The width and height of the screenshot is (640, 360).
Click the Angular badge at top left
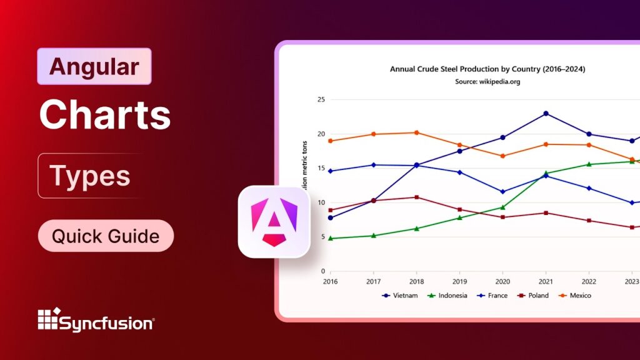[x=94, y=66]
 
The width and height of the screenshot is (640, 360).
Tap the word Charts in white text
[x=104, y=114]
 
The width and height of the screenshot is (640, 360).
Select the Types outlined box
[x=90, y=176]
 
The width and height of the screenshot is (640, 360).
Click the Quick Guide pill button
[x=105, y=236]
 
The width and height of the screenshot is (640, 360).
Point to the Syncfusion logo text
[x=106, y=323]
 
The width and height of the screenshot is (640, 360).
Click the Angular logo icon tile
[x=274, y=222]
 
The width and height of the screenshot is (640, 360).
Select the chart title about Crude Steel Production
[x=487, y=69]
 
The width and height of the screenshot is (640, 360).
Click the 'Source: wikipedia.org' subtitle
[x=487, y=81]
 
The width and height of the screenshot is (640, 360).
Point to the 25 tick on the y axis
[x=321, y=99]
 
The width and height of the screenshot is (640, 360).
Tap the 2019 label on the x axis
[x=459, y=281]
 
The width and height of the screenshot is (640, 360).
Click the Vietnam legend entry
[x=400, y=296]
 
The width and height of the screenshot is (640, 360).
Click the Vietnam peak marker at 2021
[x=546, y=114]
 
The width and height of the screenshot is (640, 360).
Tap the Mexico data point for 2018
[x=416, y=132]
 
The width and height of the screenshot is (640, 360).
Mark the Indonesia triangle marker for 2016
[x=330, y=238]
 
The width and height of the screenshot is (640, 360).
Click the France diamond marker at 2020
[x=502, y=192]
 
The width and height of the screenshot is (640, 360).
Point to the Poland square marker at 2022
[x=589, y=221]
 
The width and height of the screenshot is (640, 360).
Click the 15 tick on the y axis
[x=321, y=168]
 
